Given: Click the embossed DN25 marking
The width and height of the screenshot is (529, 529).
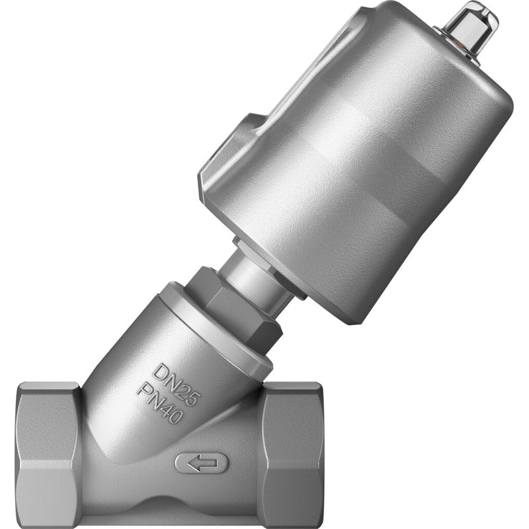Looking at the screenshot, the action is (x=175, y=384).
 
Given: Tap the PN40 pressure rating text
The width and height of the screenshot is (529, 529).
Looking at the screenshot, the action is (x=159, y=404).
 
